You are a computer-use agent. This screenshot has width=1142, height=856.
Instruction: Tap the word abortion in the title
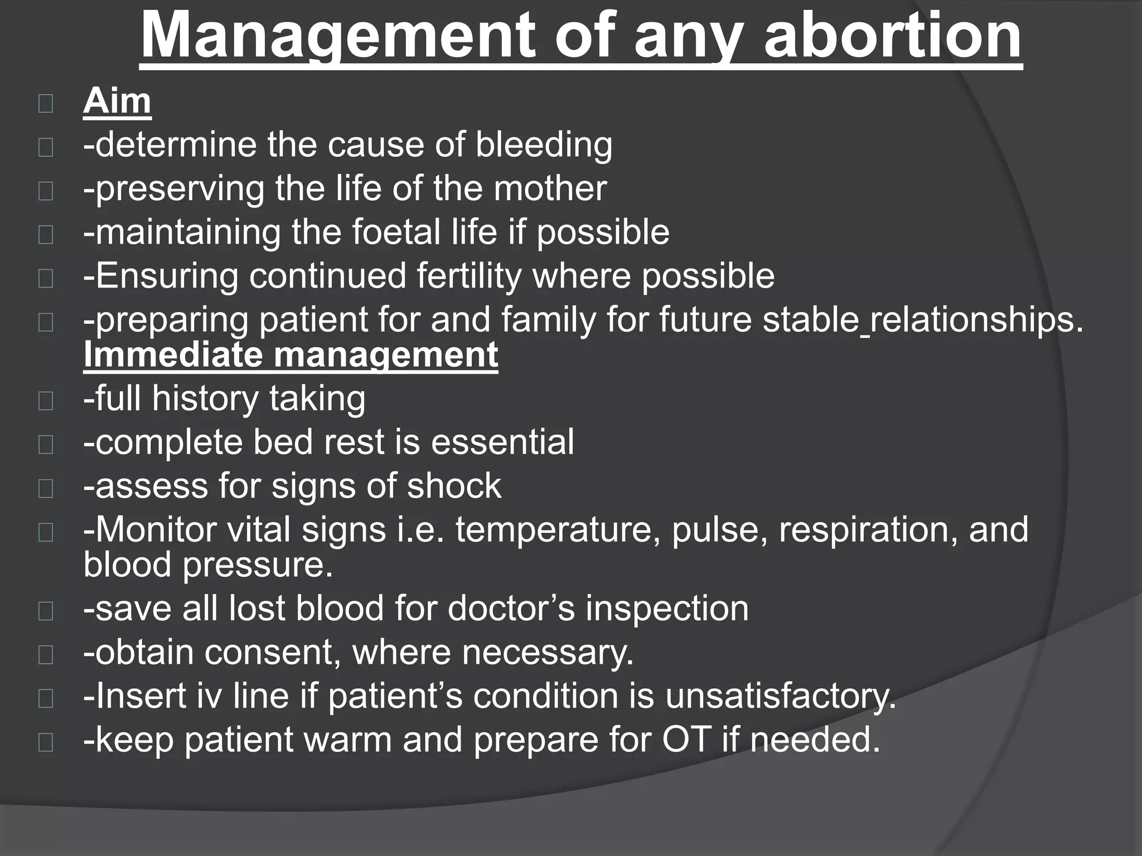(x=893, y=37)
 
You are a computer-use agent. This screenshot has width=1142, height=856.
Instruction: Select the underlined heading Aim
(x=117, y=101)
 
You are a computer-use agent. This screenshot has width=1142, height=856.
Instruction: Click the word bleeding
(x=544, y=145)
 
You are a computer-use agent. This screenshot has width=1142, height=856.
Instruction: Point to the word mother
(x=550, y=188)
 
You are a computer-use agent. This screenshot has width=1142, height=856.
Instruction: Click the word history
(x=206, y=399)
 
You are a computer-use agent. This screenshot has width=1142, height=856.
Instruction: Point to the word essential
(x=502, y=442)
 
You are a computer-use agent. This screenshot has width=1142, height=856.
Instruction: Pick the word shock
(x=454, y=486)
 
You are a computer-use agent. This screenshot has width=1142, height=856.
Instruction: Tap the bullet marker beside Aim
(x=46, y=104)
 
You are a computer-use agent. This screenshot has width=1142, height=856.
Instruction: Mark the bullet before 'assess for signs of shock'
(x=46, y=488)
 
